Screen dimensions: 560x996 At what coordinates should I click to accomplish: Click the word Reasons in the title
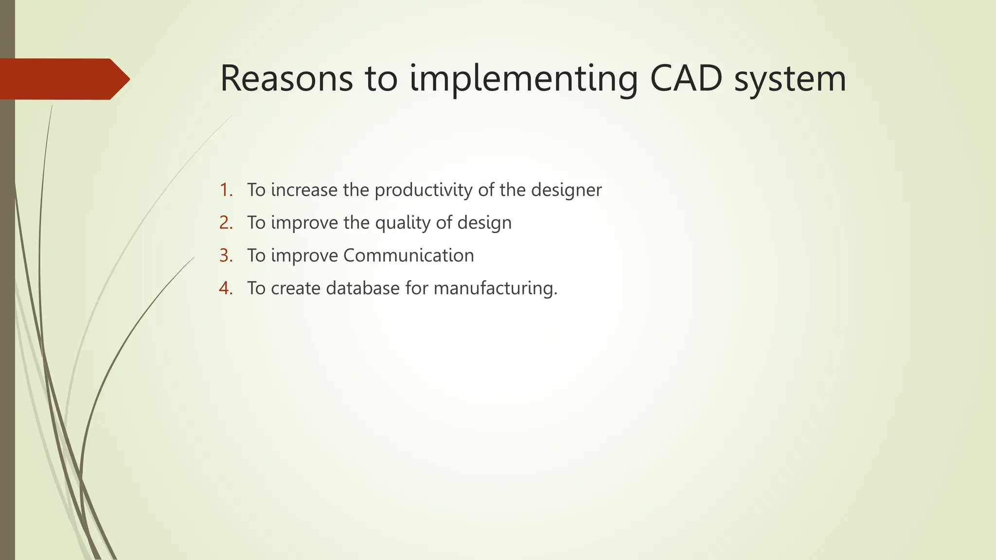[286, 79]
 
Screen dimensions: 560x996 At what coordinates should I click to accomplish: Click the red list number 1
[226, 190]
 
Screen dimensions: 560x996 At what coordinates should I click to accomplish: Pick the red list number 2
[226, 223]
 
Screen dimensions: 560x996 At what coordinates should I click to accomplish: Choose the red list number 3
[226, 255]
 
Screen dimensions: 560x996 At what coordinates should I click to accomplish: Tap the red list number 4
[226, 288]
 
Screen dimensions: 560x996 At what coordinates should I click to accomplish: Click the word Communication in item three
[409, 256]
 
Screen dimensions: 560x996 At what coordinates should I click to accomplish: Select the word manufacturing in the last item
[495, 289]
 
